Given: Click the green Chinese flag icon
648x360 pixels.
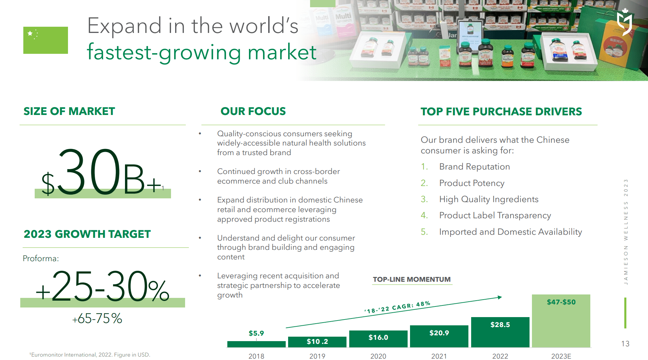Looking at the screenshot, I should (x=45, y=40).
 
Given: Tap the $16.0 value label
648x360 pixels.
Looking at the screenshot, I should (x=378, y=337).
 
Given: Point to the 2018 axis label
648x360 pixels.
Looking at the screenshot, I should (x=256, y=356).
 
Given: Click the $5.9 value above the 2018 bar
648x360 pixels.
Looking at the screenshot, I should (x=256, y=333).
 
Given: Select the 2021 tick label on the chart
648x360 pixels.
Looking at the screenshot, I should (x=439, y=356).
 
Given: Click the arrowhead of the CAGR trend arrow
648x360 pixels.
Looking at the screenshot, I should (x=500, y=297).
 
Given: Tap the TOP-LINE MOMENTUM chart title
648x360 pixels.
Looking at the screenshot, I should (x=411, y=279).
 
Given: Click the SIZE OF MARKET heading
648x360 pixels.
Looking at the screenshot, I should (x=69, y=111).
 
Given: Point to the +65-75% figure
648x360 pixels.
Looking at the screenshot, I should (x=97, y=318).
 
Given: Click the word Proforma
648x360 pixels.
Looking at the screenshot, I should (x=41, y=258).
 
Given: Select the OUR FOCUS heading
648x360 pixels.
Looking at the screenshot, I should (x=253, y=111).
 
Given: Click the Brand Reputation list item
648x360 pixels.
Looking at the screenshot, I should (x=474, y=167).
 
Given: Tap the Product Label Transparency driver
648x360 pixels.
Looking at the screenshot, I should (x=495, y=216).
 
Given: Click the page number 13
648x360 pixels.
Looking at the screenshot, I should (x=625, y=344).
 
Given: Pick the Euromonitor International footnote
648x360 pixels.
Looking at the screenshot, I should (x=90, y=355).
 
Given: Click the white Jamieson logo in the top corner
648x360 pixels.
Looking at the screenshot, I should (x=624, y=22).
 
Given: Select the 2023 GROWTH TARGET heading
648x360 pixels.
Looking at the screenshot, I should (x=87, y=234).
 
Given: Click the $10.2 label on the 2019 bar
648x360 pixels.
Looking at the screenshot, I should (x=317, y=341).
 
